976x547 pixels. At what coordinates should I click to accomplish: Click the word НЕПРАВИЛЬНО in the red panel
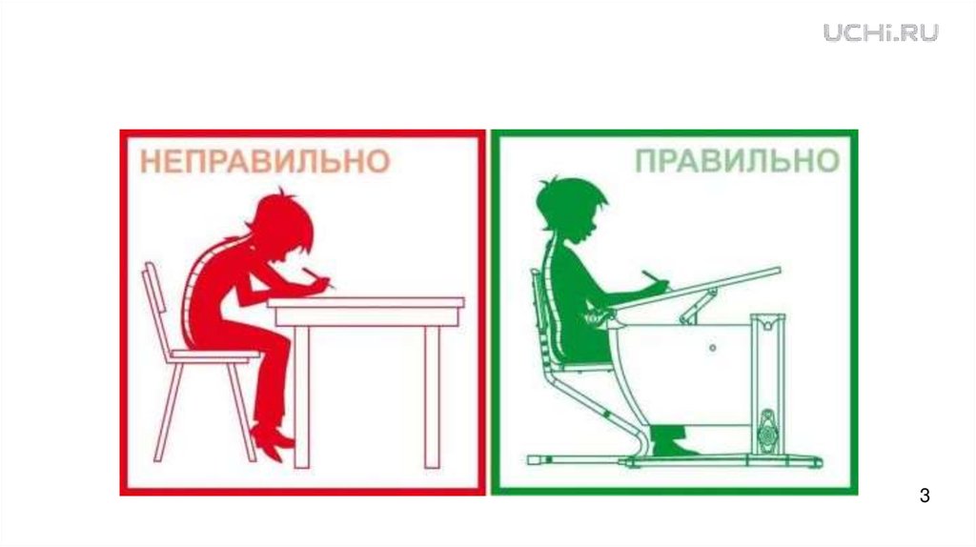click(265, 162)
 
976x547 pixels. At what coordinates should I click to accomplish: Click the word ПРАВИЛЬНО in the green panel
click(737, 161)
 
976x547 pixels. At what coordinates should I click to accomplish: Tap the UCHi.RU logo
click(881, 32)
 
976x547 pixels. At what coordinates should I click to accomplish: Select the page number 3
click(925, 496)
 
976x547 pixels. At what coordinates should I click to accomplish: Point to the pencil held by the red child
click(318, 277)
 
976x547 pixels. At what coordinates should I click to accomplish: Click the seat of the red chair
click(214, 355)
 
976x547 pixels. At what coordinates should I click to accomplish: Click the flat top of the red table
click(366, 303)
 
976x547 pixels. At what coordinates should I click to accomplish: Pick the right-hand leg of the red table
click(432, 397)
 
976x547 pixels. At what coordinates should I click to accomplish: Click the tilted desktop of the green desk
click(696, 288)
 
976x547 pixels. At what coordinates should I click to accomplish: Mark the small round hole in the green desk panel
click(713, 348)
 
